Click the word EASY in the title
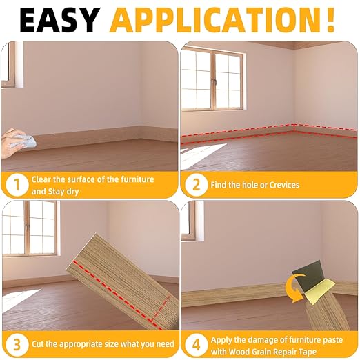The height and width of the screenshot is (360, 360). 60,20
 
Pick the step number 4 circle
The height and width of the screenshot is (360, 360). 197,343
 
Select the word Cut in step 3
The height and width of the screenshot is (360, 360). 39,343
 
